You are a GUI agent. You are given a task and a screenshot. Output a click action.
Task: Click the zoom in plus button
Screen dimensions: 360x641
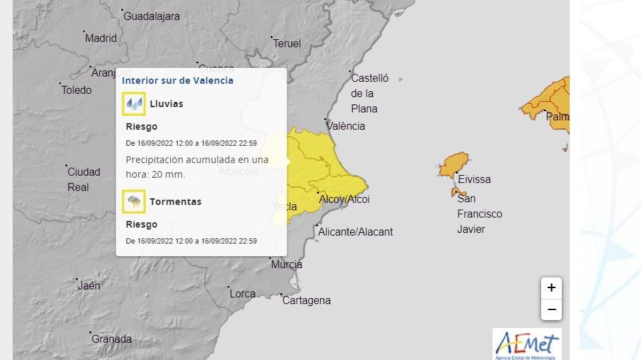point(551,288)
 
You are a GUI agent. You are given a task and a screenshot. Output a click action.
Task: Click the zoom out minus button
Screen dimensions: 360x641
point(551,309)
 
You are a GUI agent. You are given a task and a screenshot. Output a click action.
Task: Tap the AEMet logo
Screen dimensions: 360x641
point(527,344)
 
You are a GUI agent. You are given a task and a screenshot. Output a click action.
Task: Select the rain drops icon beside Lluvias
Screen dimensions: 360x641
point(134,104)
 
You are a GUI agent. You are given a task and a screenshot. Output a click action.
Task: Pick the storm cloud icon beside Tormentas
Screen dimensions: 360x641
point(134,202)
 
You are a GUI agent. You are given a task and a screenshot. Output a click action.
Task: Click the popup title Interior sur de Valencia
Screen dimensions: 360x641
point(178,81)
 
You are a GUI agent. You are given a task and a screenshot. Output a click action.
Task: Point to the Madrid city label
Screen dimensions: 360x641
point(101,39)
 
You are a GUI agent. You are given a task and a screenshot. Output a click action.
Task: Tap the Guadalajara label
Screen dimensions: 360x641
point(152,17)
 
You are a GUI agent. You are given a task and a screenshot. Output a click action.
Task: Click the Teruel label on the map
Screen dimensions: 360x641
point(287,44)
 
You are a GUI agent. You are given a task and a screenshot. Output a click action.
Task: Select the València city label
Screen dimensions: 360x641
point(345,126)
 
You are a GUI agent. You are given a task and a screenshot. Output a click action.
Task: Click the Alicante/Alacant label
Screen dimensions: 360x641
point(355,232)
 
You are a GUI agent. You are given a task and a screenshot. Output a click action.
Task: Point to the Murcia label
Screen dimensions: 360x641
point(286,265)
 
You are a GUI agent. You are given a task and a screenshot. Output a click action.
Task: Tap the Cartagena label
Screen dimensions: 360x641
point(306,301)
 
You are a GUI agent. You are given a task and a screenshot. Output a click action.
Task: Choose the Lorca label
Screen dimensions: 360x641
point(242,294)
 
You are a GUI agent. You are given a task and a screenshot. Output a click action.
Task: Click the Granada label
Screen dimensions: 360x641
point(112,339)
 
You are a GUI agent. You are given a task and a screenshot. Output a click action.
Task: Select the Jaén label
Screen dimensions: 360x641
point(89,286)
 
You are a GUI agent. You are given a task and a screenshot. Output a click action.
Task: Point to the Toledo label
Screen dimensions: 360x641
point(77,90)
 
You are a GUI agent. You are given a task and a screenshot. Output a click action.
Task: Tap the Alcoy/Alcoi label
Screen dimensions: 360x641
point(344,200)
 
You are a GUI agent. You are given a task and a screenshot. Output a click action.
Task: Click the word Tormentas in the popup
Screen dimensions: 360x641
point(176,202)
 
